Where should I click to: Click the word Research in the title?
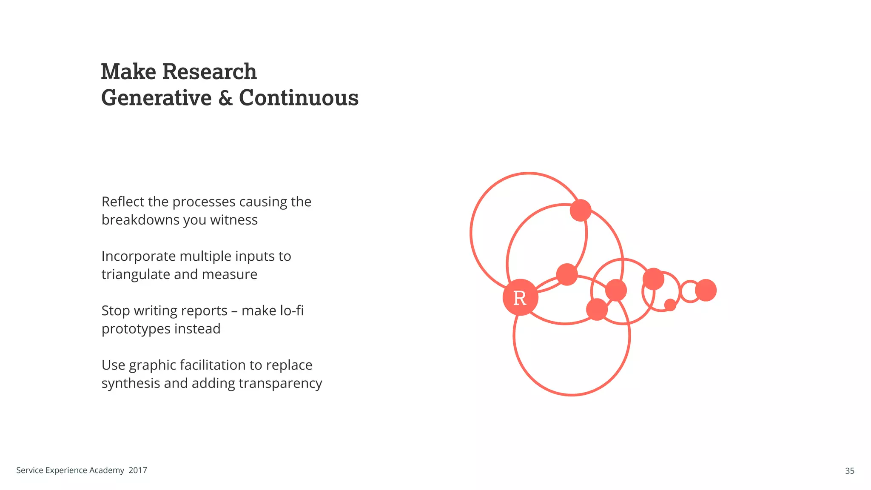[209, 71]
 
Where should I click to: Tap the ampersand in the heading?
[225, 98]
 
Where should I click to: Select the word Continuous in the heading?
[299, 98]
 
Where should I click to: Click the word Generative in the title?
[157, 98]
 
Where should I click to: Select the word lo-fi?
[291, 311]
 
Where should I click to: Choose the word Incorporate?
[139, 256]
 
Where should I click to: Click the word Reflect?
[123, 202]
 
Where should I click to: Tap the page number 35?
[849, 471]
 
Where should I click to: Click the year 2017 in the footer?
[138, 470]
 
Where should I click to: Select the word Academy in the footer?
[107, 470]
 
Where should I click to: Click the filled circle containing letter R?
[520, 297]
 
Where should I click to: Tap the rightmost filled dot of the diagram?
[706, 290]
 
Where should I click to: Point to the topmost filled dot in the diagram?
[581, 210]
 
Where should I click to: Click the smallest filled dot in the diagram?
[670, 305]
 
